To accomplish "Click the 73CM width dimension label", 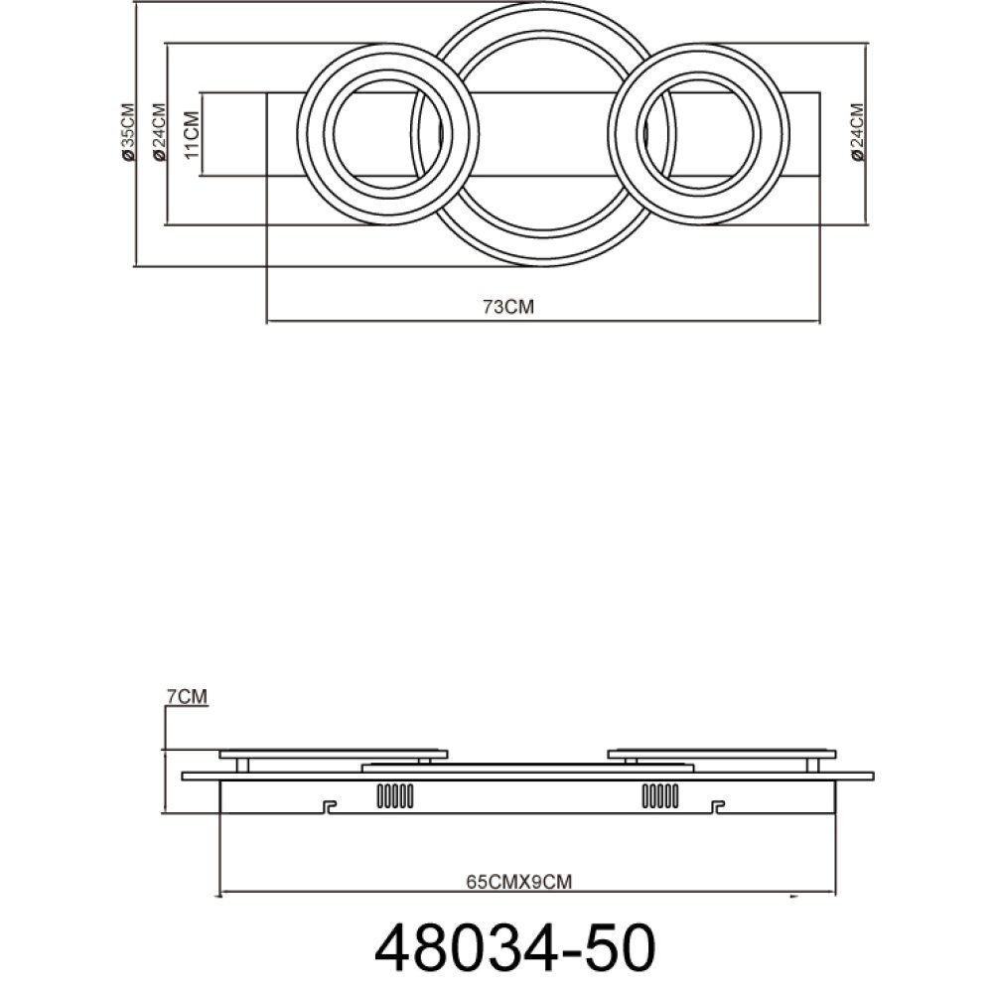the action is [x=508, y=307].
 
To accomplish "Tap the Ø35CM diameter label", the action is [x=128, y=132].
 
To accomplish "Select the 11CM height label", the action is [x=191, y=135].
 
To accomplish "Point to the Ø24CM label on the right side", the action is [x=858, y=132].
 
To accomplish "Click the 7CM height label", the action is [x=187, y=696].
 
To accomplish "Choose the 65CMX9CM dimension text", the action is [x=518, y=882].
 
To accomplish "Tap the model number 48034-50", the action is [x=514, y=946].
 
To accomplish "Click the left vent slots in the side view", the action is [x=395, y=796].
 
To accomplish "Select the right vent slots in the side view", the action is [x=660, y=796].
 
